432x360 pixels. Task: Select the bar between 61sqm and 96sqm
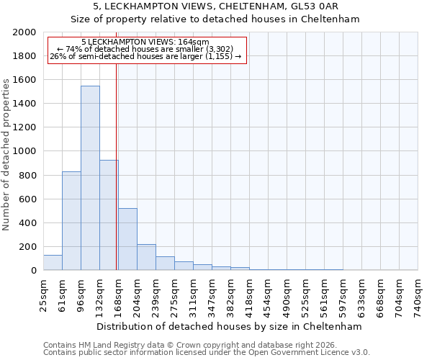pyautogui.click(x=71, y=220)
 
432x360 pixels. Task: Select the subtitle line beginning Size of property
pyautogui.click(x=216, y=19)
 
